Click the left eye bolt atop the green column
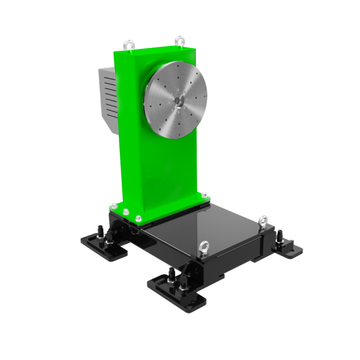coord(129,45)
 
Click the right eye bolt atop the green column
coord(180,40)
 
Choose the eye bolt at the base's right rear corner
coord(263,221)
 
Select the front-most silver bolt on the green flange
coord(138,218)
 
